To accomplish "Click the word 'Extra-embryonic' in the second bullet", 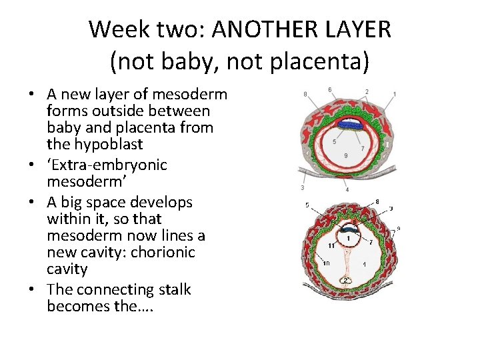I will tap(107, 165).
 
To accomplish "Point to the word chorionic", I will tap(163, 252).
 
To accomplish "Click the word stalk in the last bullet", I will tap(173, 289).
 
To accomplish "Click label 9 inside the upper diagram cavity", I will tap(345, 155).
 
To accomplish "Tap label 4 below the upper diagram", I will tap(347, 189).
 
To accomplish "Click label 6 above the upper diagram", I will tap(329, 89).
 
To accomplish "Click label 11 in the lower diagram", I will tap(331, 246).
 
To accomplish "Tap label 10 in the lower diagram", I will tap(326, 263).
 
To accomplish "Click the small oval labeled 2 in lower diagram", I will tap(347, 280).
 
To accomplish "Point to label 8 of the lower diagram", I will tap(377, 201).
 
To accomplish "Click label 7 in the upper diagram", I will tap(362, 147).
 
